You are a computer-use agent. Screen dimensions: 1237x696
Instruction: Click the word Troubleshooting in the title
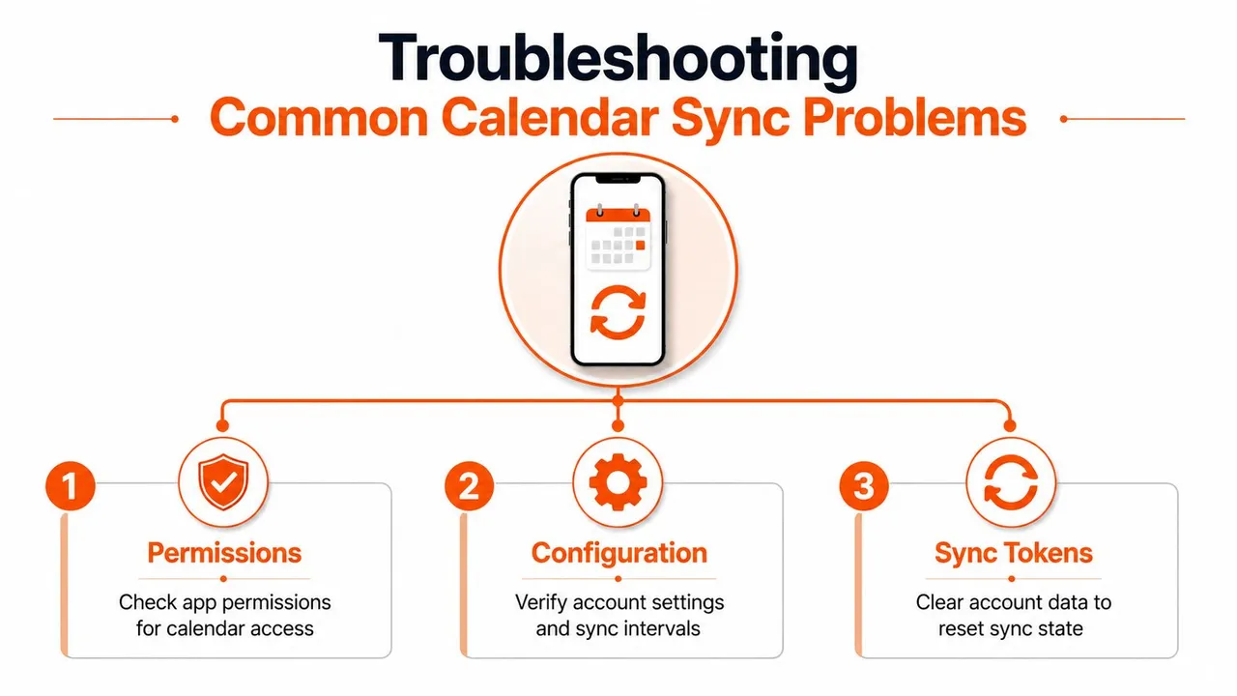click(x=618, y=60)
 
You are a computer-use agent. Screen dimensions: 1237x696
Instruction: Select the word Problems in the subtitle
click(x=914, y=118)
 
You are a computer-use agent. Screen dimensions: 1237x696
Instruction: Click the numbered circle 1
click(x=71, y=486)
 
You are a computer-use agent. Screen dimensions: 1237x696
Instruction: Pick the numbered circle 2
click(x=469, y=486)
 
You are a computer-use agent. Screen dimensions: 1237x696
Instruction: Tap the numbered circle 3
click(x=864, y=486)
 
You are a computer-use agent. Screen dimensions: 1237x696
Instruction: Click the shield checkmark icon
click(x=223, y=481)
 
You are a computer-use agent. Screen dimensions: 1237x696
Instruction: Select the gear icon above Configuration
click(x=618, y=482)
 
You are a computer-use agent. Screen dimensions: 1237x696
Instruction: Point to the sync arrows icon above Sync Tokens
click(x=1011, y=482)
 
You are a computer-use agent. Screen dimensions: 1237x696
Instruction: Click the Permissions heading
click(x=224, y=553)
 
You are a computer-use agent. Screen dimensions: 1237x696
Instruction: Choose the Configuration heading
click(x=619, y=553)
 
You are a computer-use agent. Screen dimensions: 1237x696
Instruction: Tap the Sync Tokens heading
click(x=1014, y=553)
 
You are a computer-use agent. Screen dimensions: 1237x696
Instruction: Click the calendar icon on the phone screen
click(x=618, y=237)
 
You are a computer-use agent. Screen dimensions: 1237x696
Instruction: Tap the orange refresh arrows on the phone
click(x=618, y=312)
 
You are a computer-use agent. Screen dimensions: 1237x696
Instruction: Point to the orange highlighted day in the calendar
click(x=640, y=246)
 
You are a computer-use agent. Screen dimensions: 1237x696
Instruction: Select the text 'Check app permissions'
click(x=225, y=602)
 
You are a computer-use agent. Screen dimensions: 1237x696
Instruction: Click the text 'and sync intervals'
click(x=618, y=629)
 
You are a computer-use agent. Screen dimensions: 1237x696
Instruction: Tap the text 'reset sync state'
click(x=1011, y=629)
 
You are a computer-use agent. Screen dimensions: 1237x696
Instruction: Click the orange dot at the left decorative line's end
click(x=175, y=119)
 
